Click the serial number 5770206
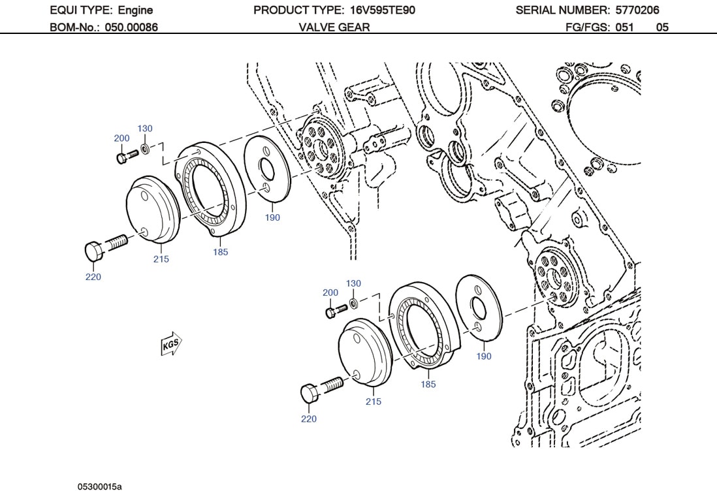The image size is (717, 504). click(x=637, y=10)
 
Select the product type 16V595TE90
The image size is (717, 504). click(x=377, y=10)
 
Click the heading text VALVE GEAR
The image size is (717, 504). click(x=334, y=27)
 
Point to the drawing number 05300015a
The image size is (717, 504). click(x=100, y=486)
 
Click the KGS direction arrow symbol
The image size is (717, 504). click(x=171, y=344)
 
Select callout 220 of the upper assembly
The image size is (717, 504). click(x=93, y=277)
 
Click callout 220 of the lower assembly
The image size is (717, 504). click(x=308, y=418)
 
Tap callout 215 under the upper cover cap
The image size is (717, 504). click(x=161, y=259)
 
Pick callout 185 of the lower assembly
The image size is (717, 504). click(x=428, y=384)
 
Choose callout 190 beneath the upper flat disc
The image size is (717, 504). click(x=272, y=217)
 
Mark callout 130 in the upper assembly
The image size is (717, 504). click(x=144, y=128)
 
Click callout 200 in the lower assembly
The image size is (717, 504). click(x=330, y=292)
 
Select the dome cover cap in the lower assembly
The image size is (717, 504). click(x=364, y=353)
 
